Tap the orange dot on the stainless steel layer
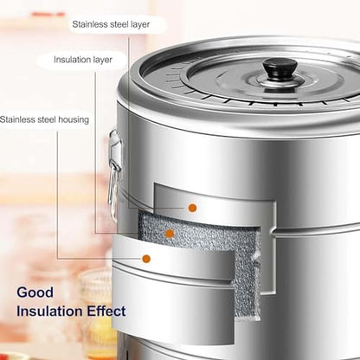(192, 208)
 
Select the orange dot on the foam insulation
(170, 234)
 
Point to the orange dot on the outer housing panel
(146, 259)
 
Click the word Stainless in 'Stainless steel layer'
(91, 24)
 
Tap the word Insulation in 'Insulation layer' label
(71, 60)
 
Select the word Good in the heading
(35, 292)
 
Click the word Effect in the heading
(106, 312)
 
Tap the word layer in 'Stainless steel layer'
(140, 24)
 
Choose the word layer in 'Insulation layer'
(101, 60)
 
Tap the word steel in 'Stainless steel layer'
(120, 24)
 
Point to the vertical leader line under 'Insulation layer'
(95, 153)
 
